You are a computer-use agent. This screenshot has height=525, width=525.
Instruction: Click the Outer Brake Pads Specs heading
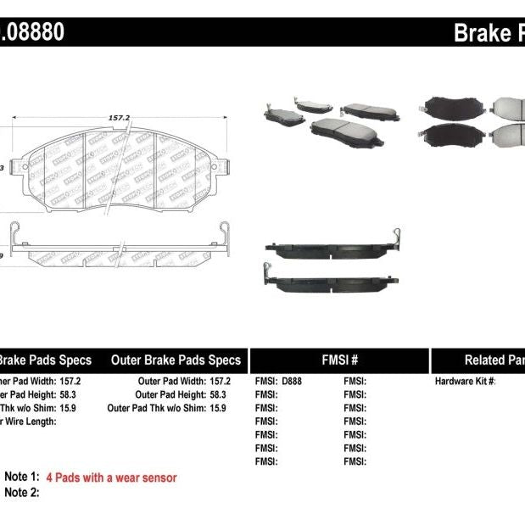click(176, 360)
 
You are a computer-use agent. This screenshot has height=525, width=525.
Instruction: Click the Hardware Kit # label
click(465, 382)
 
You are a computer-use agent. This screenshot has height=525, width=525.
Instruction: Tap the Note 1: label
click(22, 478)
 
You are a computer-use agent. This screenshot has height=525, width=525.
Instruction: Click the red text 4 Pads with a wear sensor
click(111, 478)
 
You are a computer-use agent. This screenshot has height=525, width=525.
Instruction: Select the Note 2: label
click(22, 492)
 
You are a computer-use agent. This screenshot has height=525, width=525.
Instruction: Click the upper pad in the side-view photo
click(331, 247)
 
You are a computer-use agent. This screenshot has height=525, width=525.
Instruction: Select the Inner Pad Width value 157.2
click(79, 382)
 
